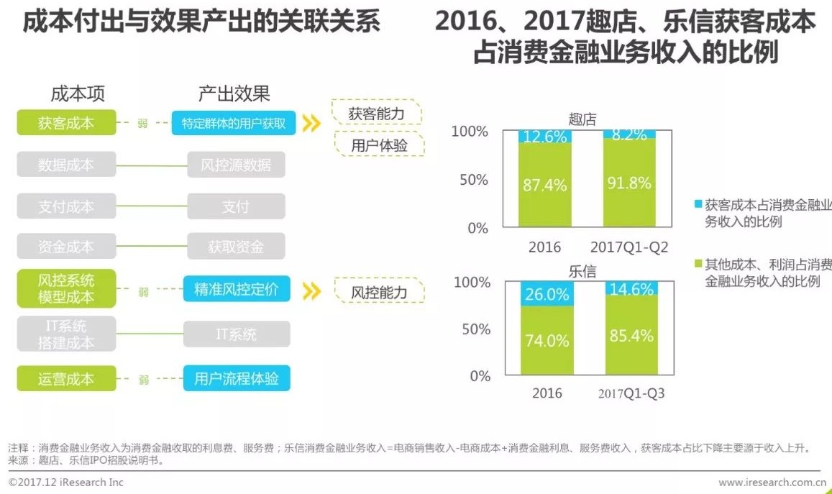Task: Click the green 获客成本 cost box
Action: [x=66, y=123]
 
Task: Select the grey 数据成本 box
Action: [x=66, y=165]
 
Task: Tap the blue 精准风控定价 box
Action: [x=236, y=289]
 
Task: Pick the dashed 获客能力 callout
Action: [x=376, y=114]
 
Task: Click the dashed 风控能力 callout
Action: [x=379, y=292]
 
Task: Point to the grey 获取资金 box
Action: [x=236, y=247]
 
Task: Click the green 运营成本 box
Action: [x=66, y=379]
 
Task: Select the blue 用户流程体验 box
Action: [x=236, y=379]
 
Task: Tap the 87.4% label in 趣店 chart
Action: [x=544, y=185]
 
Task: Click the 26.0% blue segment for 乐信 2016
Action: [x=547, y=294]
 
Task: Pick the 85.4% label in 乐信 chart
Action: [x=630, y=336]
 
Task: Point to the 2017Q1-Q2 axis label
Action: [x=629, y=247]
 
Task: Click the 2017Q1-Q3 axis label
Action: [x=631, y=394]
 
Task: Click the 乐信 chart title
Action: [x=582, y=271]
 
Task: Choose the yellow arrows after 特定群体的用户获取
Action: [x=311, y=124]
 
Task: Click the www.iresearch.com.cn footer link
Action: [x=770, y=482]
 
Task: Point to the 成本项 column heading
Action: [x=78, y=93]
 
